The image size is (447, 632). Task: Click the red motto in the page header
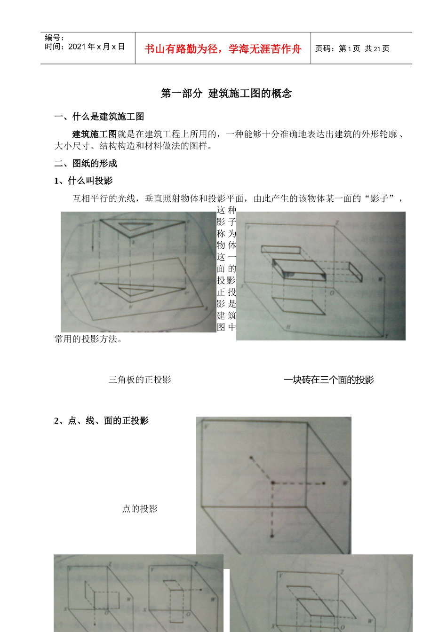pyautogui.click(x=223, y=49)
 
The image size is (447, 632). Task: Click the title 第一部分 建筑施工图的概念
pyautogui.click(x=226, y=94)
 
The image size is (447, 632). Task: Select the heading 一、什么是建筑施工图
pyautogui.click(x=99, y=117)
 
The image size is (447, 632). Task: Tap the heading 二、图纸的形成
pyautogui.click(x=86, y=163)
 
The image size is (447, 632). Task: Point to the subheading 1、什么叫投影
pyautogui.click(x=83, y=181)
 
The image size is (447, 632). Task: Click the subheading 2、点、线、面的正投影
pyautogui.click(x=101, y=420)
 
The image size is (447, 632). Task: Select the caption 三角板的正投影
pyautogui.click(x=140, y=379)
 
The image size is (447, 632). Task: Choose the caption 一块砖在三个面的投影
pyautogui.click(x=328, y=379)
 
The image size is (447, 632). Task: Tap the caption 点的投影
pyautogui.click(x=140, y=508)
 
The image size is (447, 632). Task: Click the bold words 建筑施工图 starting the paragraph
pyautogui.click(x=94, y=134)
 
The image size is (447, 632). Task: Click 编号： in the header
pyautogui.click(x=55, y=38)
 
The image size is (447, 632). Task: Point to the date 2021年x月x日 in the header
pyautogui.click(x=96, y=47)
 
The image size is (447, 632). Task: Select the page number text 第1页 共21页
pyautogui.click(x=364, y=48)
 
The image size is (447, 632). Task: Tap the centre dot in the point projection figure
pyautogui.click(x=272, y=483)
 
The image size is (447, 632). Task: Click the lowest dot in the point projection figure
pyautogui.click(x=272, y=536)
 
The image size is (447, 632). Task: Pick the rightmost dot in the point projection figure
pyautogui.click(x=324, y=483)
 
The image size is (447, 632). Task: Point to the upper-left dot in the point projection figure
pyautogui.click(x=251, y=458)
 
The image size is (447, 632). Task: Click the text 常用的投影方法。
pyautogui.click(x=88, y=339)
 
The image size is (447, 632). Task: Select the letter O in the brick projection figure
pyautogui.click(x=331, y=292)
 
